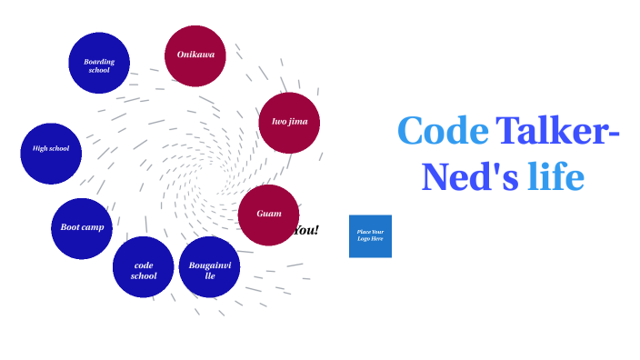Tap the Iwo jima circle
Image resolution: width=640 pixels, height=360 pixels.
click(290, 122)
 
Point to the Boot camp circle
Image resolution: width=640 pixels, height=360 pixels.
click(82, 228)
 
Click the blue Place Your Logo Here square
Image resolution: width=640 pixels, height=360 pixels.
click(370, 236)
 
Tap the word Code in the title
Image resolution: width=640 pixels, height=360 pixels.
click(442, 131)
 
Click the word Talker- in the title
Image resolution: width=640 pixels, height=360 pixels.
click(557, 131)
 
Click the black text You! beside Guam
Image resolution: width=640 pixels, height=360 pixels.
click(307, 230)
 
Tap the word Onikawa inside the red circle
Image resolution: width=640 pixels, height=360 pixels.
click(195, 55)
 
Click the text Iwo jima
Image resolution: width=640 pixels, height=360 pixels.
click(290, 121)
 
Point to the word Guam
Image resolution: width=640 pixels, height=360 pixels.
click(269, 214)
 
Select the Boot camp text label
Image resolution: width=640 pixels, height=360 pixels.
click(82, 227)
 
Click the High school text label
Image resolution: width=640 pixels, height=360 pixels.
click(51, 148)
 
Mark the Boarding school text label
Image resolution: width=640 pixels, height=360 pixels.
click(99, 65)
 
